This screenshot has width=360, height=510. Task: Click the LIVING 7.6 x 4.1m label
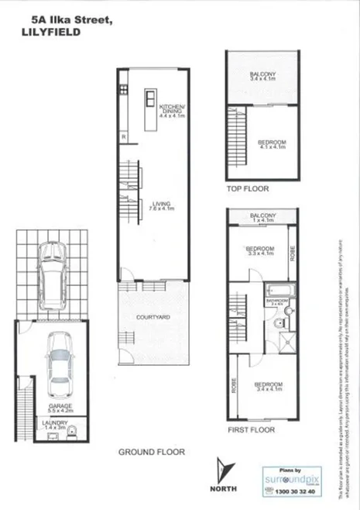[162, 206]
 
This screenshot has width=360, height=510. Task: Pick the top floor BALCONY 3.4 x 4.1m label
[264, 76]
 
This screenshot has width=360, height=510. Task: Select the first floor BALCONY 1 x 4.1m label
[263, 217]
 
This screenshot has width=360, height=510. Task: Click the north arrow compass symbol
[225, 471]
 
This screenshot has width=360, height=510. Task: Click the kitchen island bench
[149, 99]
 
